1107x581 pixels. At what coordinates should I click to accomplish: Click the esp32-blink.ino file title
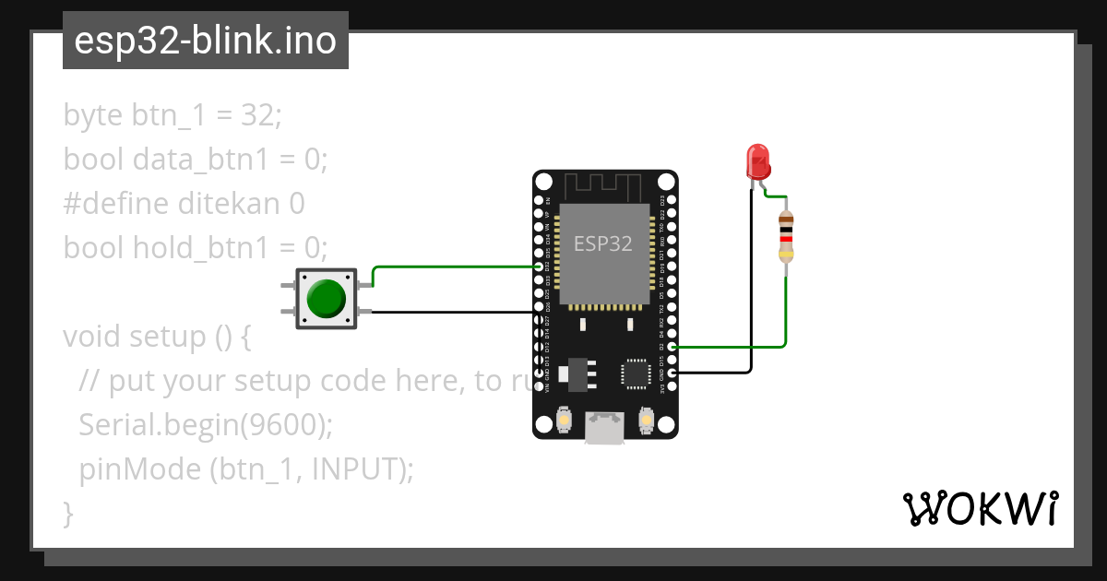205,41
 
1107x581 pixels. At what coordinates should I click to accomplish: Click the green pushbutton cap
326,299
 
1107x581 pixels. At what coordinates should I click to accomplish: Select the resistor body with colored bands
785,236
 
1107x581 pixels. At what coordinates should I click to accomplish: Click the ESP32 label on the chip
603,243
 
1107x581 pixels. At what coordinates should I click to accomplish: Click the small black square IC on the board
636,373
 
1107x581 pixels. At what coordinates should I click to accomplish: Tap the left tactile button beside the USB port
563,421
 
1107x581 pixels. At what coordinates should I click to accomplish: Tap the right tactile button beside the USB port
647,421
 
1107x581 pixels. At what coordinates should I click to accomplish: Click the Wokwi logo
980,508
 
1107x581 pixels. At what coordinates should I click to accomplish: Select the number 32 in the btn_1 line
258,115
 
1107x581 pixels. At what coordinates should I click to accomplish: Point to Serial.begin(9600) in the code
205,425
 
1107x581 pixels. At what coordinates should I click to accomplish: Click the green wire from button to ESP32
452,267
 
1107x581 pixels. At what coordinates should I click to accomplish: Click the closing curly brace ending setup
67,513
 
